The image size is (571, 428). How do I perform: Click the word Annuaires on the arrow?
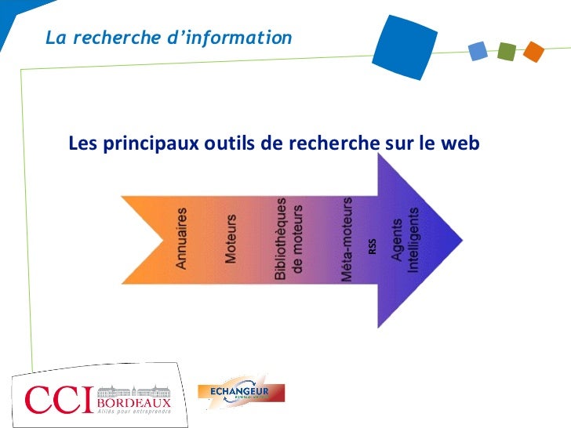tap(181, 238)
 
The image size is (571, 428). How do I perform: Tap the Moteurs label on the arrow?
tap(231, 238)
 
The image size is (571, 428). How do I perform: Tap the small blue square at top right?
tap(478, 52)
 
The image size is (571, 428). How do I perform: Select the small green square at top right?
tap(506, 52)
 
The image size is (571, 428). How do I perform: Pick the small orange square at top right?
tap(533, 52)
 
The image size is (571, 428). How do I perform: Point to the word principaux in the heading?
tap(146, 144)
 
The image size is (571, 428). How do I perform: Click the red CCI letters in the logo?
tap(58, 400)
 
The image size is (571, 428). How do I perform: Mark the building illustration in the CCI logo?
tap(134, 389)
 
